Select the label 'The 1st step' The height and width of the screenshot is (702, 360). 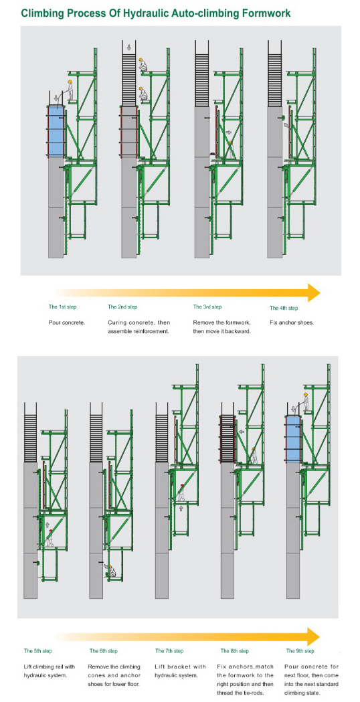pos(62,307)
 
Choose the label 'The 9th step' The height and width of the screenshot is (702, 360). pos(300,650)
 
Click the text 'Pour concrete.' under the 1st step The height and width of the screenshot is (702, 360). pos(67,323)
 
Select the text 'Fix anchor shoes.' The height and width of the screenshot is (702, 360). pos(292,323)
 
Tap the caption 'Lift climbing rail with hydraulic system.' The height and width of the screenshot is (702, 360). pos(50,671)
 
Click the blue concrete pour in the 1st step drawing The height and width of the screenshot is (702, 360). pos(55,131)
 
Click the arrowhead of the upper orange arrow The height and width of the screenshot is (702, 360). pos(313,292)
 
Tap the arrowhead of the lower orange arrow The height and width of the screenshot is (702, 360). pos(313,636)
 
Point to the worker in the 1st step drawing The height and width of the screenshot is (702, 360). pos(69,90)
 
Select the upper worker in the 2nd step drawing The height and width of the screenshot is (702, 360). pos(142,66)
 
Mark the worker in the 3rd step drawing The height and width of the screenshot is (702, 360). pos(231,147)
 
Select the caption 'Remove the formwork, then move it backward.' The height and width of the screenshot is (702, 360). pos(222,327)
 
